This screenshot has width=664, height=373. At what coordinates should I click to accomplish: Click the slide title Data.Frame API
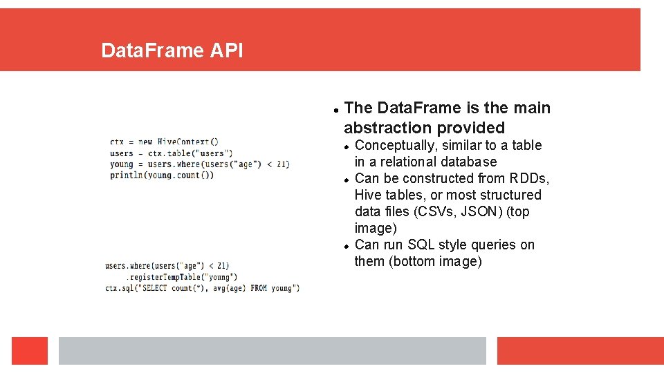click(172, 50)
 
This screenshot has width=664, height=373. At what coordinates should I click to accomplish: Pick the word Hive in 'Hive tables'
click(368, 195)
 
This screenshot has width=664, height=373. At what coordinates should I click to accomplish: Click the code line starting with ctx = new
click(164, 142)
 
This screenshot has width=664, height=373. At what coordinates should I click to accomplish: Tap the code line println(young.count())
click(161, 175)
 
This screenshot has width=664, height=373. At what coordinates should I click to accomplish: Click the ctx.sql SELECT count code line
click(202, 287)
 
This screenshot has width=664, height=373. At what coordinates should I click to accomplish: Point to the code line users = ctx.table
click(171, 153)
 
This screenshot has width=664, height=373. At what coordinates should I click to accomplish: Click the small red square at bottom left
click(30, 350)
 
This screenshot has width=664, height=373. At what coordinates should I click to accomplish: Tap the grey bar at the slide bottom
click(272, 350)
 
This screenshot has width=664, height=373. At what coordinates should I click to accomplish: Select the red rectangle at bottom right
click(580, 350)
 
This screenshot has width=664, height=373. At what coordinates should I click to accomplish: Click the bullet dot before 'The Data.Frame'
click(335, 109)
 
